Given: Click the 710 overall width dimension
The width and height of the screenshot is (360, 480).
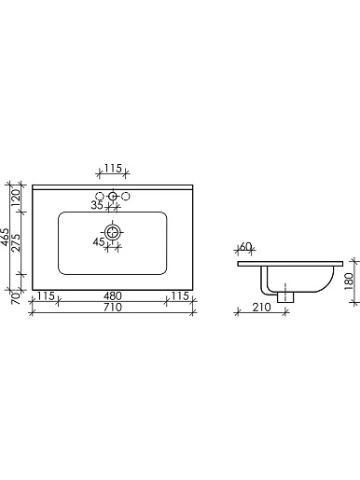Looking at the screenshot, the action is point(113,308).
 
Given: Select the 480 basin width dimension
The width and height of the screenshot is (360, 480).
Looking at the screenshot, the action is point(113,296).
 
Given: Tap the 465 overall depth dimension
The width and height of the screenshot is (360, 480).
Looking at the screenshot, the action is point(6,237).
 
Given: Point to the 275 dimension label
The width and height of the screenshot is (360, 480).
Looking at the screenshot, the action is point(17,242).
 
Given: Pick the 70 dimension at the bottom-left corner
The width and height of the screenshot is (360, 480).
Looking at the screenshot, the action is point(16,298).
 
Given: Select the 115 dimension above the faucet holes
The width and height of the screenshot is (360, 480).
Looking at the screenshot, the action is point(113,168).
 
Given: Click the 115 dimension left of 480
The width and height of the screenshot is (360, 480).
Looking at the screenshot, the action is point(46,296).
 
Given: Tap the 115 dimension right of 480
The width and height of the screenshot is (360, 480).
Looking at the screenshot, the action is point(180,296).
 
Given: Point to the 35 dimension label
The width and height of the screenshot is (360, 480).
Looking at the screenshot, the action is point(97,205).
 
